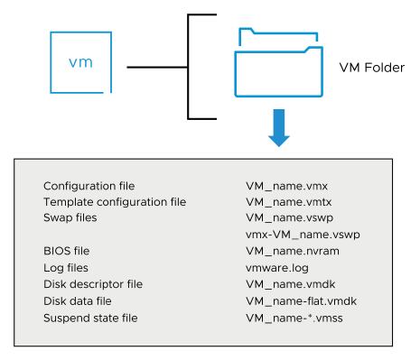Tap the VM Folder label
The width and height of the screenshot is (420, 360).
click(371, 68)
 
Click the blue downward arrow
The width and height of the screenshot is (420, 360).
click(279, 127)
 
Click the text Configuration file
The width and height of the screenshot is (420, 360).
click(87, 186)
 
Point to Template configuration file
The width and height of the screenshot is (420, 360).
click(114, 202)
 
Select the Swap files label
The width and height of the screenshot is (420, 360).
click(70, 217)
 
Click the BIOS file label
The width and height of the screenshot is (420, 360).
click(67, 250)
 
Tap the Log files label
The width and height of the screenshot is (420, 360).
click(65, 266)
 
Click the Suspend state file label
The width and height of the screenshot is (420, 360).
click(92, 315)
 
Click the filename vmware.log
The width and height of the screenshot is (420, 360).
click(278, 266)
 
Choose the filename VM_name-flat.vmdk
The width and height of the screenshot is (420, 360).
click(301, 299)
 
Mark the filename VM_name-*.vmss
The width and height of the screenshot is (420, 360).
click(292, 315)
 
